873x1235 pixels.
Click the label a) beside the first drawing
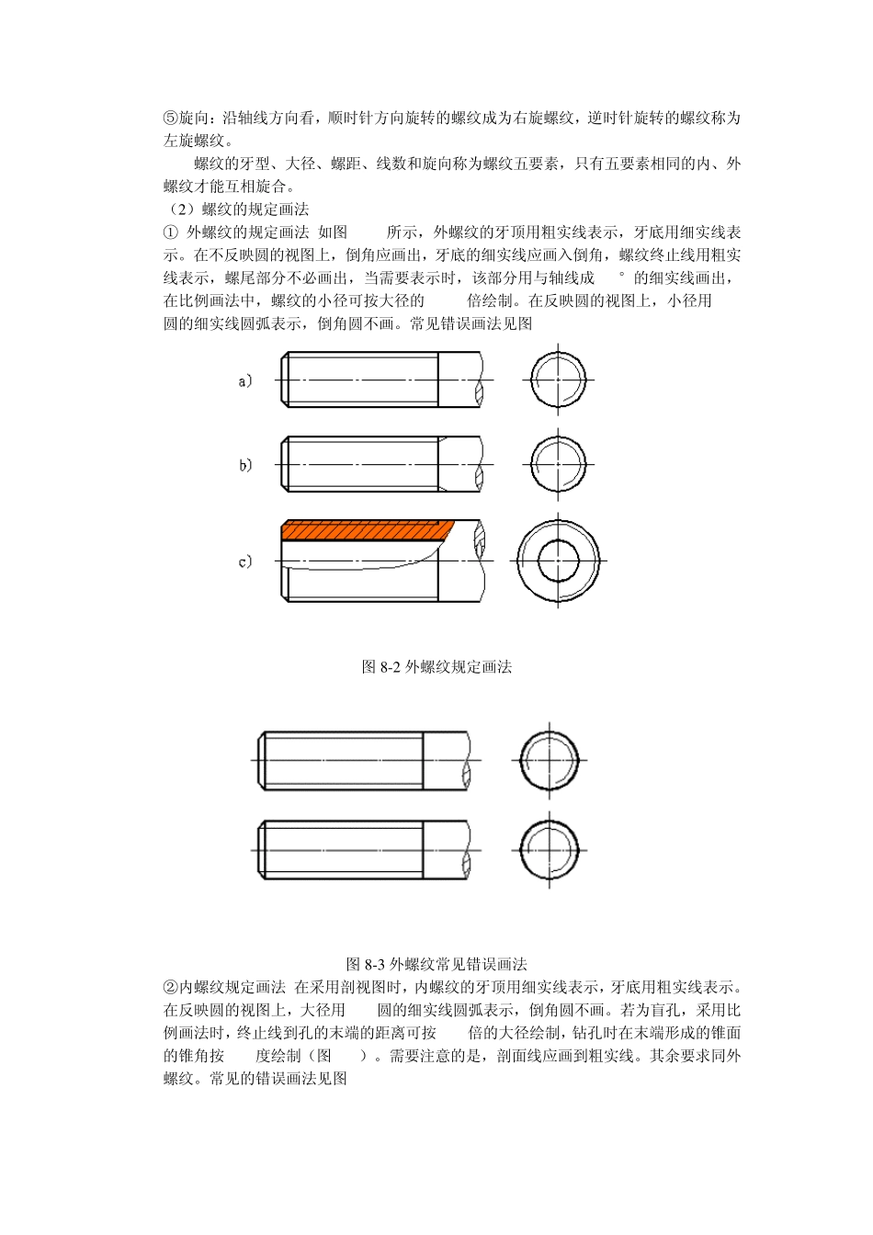tap(244, 381)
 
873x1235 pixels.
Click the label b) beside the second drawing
tap(245, 465)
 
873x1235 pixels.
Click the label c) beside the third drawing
tap(244, 561)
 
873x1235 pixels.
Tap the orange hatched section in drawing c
tap(368, 529)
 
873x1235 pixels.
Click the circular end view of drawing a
tap(558, 380)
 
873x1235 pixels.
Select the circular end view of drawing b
tap(558, 464)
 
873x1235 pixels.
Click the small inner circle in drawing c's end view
tap(558, 561)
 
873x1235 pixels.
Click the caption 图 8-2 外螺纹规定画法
tap(436, 667)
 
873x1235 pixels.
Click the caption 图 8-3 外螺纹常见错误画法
tap(436, 964)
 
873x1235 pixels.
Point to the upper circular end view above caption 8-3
tap(549, 761)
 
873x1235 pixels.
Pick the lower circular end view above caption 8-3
tap(549, 850)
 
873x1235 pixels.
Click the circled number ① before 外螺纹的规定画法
tap(170, 232)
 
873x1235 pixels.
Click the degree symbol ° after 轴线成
tap(621, 276)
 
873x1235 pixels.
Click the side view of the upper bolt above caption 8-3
tap(366, 760)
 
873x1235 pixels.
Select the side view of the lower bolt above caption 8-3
tap(366, 850)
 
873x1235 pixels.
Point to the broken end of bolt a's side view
tap(480, 380)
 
